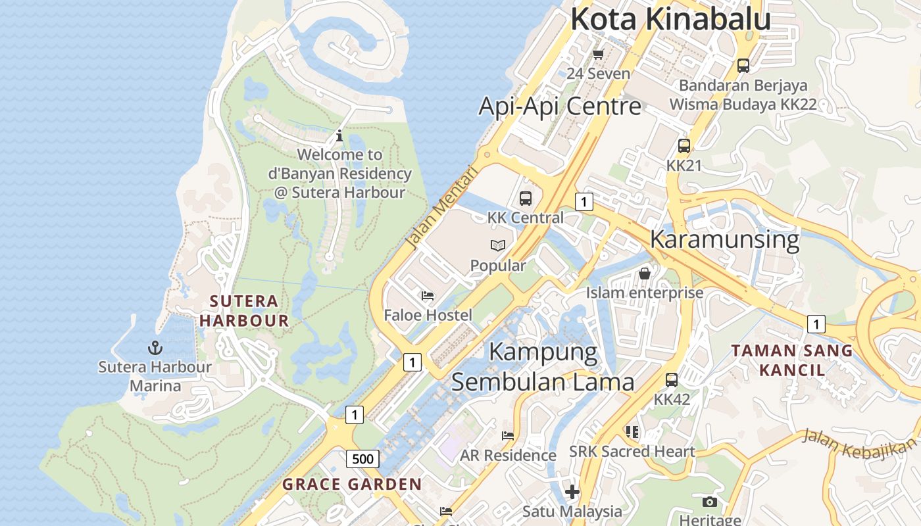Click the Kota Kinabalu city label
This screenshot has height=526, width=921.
point(670,18)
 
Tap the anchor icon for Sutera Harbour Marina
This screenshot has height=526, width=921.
point(155,347)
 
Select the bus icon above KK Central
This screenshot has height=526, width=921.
point(525,198)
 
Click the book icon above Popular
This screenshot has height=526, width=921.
point(498,246)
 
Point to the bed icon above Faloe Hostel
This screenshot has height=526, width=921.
point(428,296)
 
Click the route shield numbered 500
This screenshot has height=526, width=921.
point(362,458)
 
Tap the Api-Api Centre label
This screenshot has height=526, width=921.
point(559,106)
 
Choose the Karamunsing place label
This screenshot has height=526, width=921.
point(724,239)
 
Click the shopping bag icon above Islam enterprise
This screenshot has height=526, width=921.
point(645,273)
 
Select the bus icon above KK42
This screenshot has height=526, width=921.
point(671,379)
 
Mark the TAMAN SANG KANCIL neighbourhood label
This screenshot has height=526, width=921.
point(792,360)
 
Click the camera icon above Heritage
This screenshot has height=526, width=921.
point(709,502)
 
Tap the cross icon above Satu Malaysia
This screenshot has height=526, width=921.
point(572,491)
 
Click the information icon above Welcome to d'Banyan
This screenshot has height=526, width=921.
point(339,136)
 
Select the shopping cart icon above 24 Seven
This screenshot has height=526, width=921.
point(598,54)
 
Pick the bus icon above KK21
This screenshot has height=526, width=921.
point(684,146)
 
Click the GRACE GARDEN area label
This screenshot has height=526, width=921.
point(352,485)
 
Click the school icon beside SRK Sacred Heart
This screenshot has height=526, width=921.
point(632,432)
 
